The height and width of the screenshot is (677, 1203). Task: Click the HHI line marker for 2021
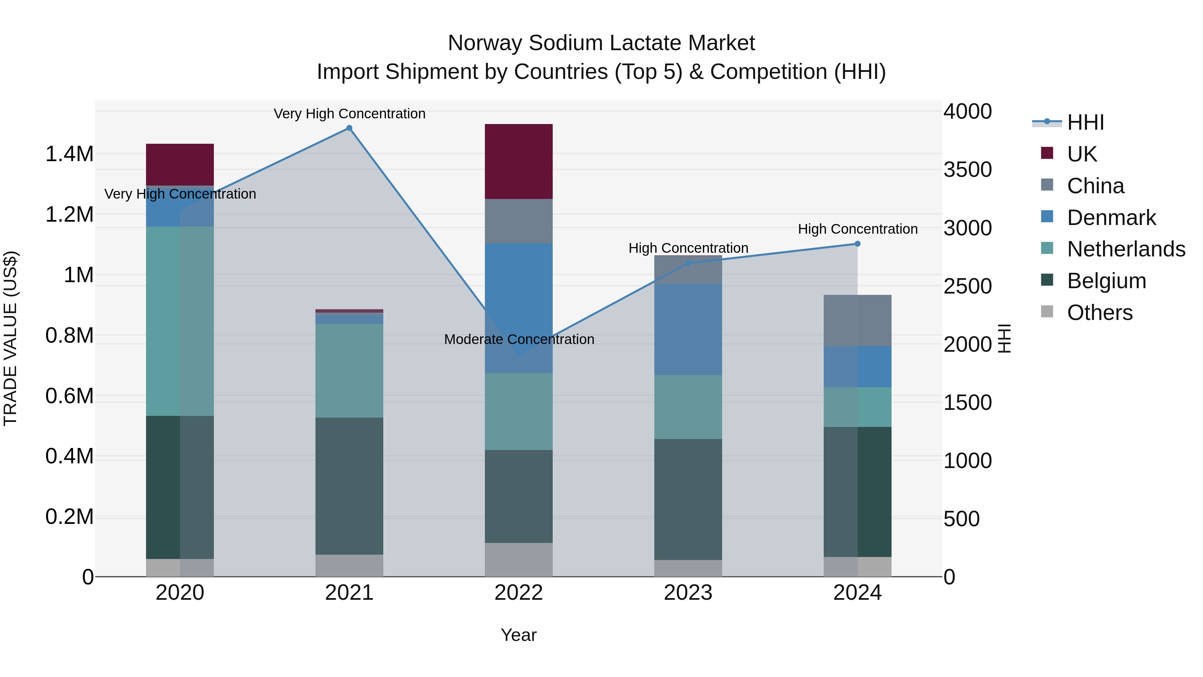349,128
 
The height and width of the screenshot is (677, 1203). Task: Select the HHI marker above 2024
857,244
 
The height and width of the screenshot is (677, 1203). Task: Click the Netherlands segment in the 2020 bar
180,321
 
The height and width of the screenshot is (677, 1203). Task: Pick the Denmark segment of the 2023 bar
688,329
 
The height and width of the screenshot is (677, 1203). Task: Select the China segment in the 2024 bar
857,321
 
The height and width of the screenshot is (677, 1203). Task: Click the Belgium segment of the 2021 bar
349,486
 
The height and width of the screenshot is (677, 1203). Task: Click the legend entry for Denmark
1111,218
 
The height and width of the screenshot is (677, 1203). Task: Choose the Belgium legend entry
1106,281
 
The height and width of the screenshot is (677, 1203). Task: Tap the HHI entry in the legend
1085,122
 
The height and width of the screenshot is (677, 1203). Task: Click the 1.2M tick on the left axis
69,214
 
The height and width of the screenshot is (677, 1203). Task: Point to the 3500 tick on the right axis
968,170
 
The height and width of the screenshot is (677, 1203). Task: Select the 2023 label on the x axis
688,593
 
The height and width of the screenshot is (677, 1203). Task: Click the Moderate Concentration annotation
519,339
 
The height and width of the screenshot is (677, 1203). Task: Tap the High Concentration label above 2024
857,229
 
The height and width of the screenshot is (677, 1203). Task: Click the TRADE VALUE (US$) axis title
10,338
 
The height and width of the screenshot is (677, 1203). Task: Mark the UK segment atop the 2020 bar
180,164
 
